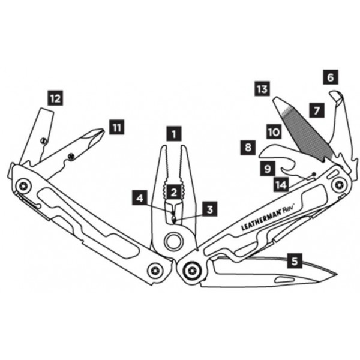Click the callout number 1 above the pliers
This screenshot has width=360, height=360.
coord(174,134)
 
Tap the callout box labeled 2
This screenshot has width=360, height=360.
coord(174,193)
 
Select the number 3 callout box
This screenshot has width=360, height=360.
coord(209,209)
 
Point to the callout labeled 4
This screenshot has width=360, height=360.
coord(140,197)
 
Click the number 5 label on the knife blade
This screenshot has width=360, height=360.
coord(295,260)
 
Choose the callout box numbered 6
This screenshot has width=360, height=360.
coord(331,77)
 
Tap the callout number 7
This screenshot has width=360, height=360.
coord(317,110)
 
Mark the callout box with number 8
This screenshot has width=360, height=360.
coord(248,148)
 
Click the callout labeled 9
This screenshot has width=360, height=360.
coord(268,169)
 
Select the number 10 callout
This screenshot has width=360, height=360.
coord(274,132)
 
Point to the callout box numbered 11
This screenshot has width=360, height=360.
coord(116,127)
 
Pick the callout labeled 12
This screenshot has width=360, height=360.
coord(55,98)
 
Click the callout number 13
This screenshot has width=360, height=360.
coord(262,88)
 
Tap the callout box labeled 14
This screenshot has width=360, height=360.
coord(281,185)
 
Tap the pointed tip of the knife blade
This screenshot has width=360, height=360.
coord(337,274)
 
